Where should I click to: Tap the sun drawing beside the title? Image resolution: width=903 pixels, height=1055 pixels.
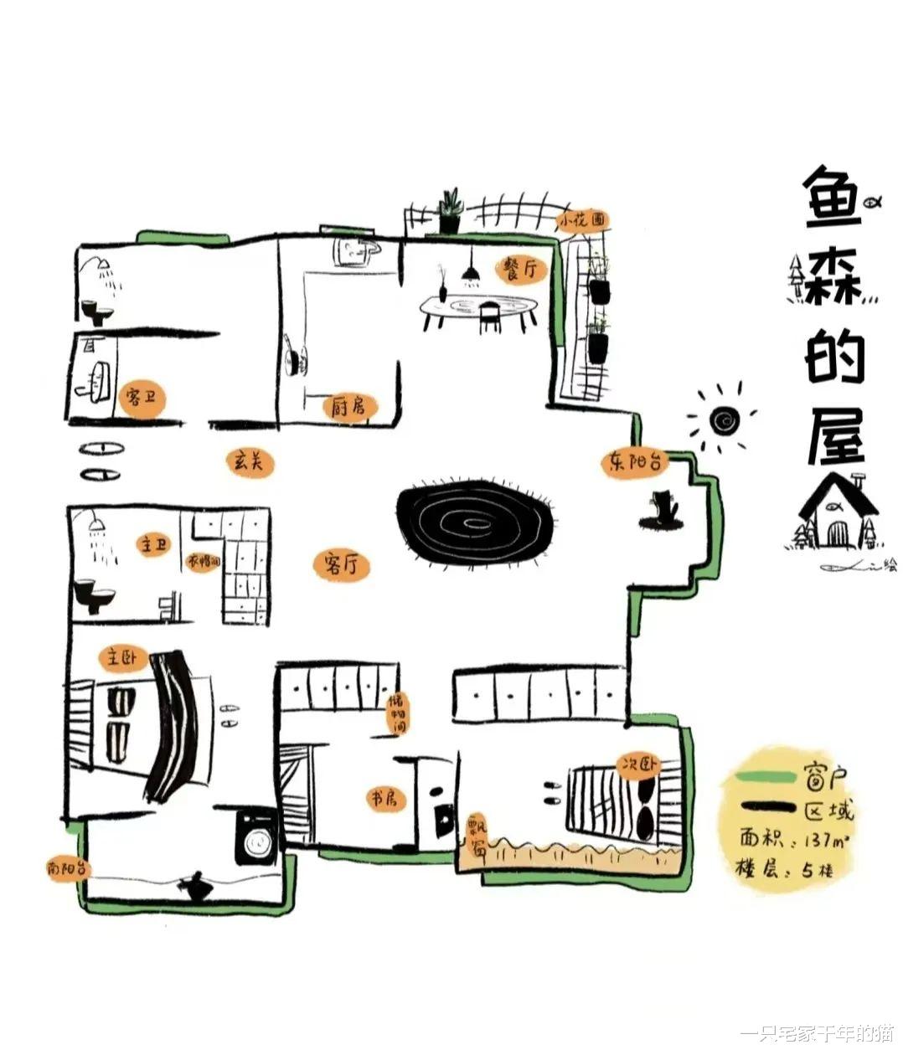coord(721,418)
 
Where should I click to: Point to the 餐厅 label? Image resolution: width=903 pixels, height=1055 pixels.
coord(519,269)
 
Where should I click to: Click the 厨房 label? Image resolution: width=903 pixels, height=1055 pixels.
coord(349,408)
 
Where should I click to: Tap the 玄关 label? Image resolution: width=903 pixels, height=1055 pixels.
coord(250,461)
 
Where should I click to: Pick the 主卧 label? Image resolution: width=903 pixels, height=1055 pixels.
coord(119,657)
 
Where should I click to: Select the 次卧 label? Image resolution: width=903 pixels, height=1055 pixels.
coord(639,765)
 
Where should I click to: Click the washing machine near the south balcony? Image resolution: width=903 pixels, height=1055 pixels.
coord(255,836)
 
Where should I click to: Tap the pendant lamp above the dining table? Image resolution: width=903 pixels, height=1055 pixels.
coord(470,275)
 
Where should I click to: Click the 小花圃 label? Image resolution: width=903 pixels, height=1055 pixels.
coord(583,219)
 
